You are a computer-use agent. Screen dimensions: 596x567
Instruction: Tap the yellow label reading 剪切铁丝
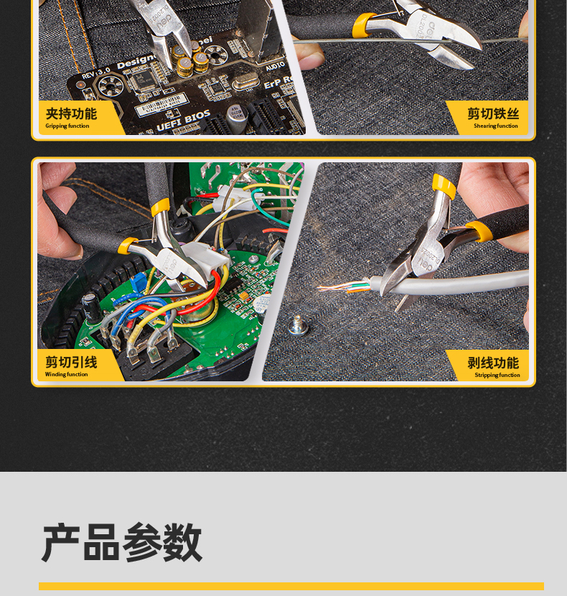pos(493,113)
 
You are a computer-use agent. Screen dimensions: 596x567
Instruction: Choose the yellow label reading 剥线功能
pos(493,363)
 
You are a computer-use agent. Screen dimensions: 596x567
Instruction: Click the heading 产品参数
pos(122,543)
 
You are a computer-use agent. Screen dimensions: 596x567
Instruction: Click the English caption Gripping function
pos(67,126)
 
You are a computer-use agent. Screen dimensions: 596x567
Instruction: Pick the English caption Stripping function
pos(497,375)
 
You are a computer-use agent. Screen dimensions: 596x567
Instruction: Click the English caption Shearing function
pos(495,126)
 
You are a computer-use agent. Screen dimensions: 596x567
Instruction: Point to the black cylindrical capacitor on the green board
pos(90,307)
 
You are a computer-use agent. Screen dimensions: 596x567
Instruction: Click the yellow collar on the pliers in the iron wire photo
pos(365,25)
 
